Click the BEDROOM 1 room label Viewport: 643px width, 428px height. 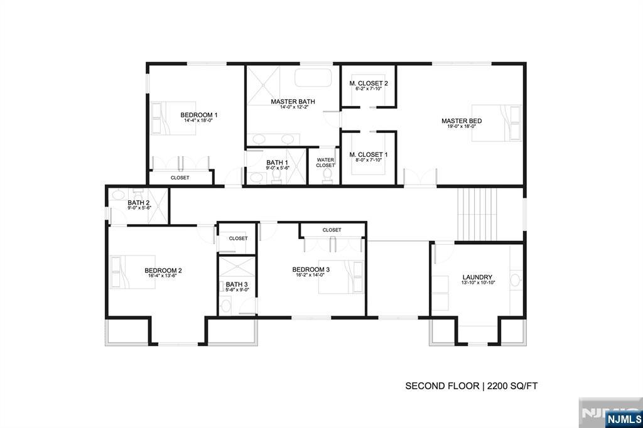[198, 115]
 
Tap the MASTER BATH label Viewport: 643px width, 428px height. [293, 102]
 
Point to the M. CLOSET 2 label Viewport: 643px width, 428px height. [369, 83]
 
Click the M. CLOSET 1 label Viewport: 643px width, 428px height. [369, 154]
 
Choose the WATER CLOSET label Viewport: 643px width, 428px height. [325, 163]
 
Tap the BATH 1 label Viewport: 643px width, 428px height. [277, 163]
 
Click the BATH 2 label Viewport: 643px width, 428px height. [139, 203]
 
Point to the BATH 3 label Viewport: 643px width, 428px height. [237, 284]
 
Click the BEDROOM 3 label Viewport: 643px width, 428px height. [311, 270]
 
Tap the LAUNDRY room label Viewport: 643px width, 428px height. [477, 277]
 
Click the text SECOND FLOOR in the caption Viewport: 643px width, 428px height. [441, 386]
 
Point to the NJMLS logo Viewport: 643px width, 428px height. [623, 419]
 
